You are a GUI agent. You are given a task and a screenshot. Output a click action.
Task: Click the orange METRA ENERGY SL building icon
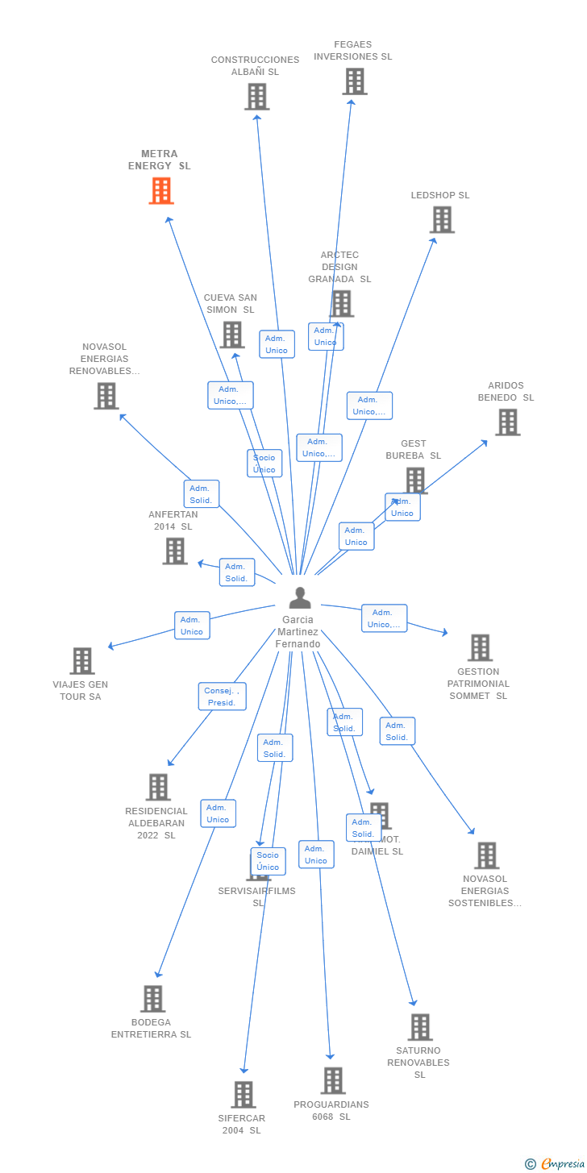(161, 191)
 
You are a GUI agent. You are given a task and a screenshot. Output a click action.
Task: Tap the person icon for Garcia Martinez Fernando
(300, 598)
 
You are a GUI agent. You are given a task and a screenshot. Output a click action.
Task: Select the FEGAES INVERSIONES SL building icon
(354, 81)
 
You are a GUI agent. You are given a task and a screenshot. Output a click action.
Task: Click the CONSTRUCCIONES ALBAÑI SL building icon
(256, 97)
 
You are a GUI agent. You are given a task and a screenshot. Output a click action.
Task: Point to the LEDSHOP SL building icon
(442, 219)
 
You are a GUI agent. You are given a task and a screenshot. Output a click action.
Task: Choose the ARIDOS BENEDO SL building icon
(507, 422)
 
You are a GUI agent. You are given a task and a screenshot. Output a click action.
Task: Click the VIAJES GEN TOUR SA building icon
(82, 661)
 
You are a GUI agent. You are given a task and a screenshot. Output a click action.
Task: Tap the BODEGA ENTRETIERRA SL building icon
(152, 999)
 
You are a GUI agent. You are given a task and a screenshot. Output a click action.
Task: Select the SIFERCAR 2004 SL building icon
(244, 1095)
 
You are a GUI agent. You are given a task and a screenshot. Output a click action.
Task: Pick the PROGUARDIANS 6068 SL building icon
(332, 1080)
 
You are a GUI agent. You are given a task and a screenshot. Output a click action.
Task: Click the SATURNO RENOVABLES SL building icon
(420, 1027)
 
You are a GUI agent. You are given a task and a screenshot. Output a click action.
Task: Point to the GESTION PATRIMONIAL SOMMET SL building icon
(480, 647)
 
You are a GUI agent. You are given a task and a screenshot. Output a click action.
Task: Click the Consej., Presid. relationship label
(222, 697)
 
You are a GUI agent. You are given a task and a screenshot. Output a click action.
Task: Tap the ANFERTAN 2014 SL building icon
(175, 551)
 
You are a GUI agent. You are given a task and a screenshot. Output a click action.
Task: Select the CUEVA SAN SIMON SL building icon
(232, 335)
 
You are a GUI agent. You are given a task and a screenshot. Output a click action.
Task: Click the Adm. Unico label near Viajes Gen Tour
(192, 626)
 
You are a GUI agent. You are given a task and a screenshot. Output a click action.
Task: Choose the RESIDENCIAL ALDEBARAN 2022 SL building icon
(158, 787)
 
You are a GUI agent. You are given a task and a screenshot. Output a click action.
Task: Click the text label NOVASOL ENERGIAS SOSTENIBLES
(485, 891)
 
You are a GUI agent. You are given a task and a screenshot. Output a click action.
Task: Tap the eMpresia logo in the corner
(556, 1163)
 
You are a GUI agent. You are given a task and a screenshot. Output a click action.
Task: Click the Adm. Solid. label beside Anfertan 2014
(236, 572)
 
